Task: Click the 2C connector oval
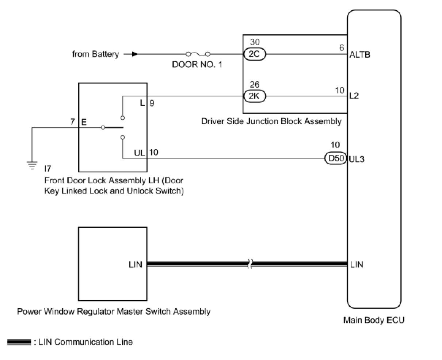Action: [x=254, y=54]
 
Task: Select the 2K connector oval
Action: [x=254, y=96]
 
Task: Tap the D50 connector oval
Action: [x=336, y=158]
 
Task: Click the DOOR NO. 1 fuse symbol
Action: [x=198, y=54]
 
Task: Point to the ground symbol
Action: [x=32, y=165]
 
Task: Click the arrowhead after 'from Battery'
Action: [x=135, y=54]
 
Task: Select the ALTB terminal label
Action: [x=359, y=55]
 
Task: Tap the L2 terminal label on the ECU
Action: [x=354, y=96]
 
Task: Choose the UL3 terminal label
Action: [x=356, y=159]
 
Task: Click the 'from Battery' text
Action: [x=96, y=54]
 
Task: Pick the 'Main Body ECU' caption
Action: [x=374, y=320]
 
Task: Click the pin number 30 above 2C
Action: [x=255, y=42]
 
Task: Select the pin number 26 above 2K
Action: [x=255, y=84]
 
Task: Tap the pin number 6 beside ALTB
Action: [x=342, y=48]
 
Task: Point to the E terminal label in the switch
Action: [x=84, y=122]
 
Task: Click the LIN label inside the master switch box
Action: [x=135, y=265]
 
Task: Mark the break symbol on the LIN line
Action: [x=250, y=264]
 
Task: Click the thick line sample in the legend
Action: [x=19, y=342]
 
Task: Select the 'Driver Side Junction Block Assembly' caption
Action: [x=271, y=121]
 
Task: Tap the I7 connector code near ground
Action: [x=48, y=169]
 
